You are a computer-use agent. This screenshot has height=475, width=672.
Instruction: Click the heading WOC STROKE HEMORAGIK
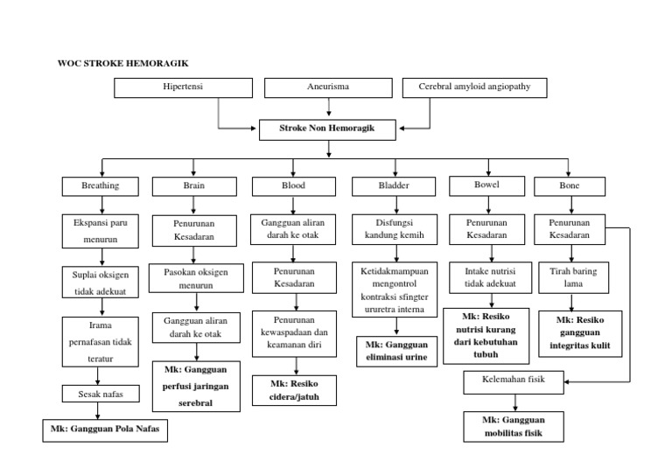pyautogui.click(x=122, y=63)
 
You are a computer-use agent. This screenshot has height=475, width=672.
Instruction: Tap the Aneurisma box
pyautogui.click(x=328, y=88)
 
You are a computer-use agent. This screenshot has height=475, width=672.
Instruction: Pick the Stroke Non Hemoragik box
pyautogui.click(x=327, y=129)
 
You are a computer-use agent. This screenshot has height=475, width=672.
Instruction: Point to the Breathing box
pyautogui.click(x=101, y=186)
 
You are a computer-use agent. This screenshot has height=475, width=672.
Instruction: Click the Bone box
pyautogui.click(x=569, y=186)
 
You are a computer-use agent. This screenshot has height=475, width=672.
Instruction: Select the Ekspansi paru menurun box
pyautogui.click(x=101, y=230)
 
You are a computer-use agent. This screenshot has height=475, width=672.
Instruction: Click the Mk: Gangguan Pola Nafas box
pyautogui.click(x=105, y=431)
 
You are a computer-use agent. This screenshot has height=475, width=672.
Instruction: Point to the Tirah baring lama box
pyautogui.click(x=573, y=278)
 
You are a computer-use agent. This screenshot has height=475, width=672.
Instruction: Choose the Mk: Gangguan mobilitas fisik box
pyautogui.click(x=514, y=426)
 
